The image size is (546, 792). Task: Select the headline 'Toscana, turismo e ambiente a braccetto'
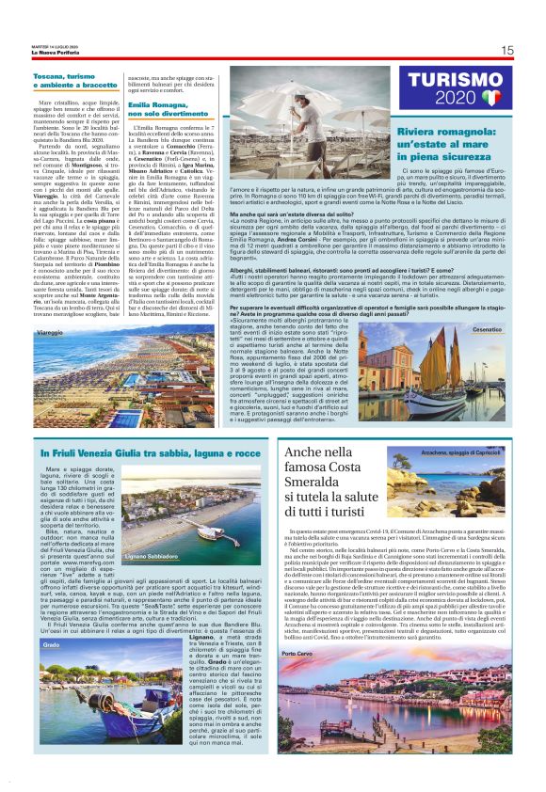coord(76,79)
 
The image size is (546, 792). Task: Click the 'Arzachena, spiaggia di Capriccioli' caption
coord(467,453)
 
